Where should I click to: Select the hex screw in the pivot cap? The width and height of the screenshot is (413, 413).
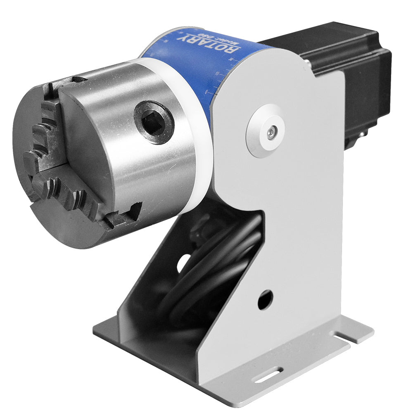pyautogui.click(x=271, y=132)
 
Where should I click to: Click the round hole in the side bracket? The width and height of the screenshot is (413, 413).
pyautogui.click(x=265, y=300)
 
